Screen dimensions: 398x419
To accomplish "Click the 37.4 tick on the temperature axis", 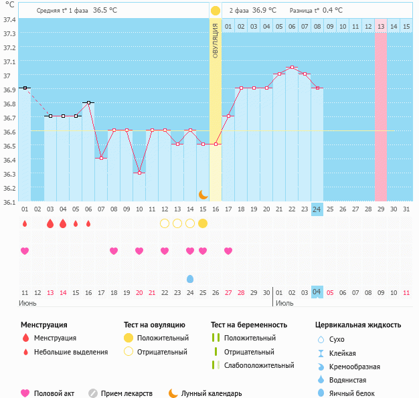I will coord(10,19).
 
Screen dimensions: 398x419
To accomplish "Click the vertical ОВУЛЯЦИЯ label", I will coord(216,41).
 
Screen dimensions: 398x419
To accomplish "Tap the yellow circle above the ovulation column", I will coord(216,11).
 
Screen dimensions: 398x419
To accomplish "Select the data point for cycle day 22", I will coord(292,67).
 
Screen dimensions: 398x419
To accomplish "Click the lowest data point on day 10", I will coord(139,173).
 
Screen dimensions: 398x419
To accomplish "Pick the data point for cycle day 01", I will coord(25,88).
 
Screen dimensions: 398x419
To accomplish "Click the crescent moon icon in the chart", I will coord(203,194).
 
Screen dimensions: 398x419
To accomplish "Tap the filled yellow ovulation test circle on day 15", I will coord(203,223).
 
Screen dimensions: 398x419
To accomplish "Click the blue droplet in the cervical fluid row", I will coord(190,278).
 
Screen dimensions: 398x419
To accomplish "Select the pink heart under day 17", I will coord(228,251).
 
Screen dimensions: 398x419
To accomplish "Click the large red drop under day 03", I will coord(50,223).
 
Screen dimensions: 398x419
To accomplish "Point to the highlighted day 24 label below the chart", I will coord(317,209).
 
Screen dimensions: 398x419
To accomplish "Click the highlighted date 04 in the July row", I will coord(317,292).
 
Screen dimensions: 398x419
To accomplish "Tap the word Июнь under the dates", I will coord(28,304).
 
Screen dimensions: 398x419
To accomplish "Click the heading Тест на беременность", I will coord(248,325).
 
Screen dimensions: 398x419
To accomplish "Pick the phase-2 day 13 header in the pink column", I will coord(381,26).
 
